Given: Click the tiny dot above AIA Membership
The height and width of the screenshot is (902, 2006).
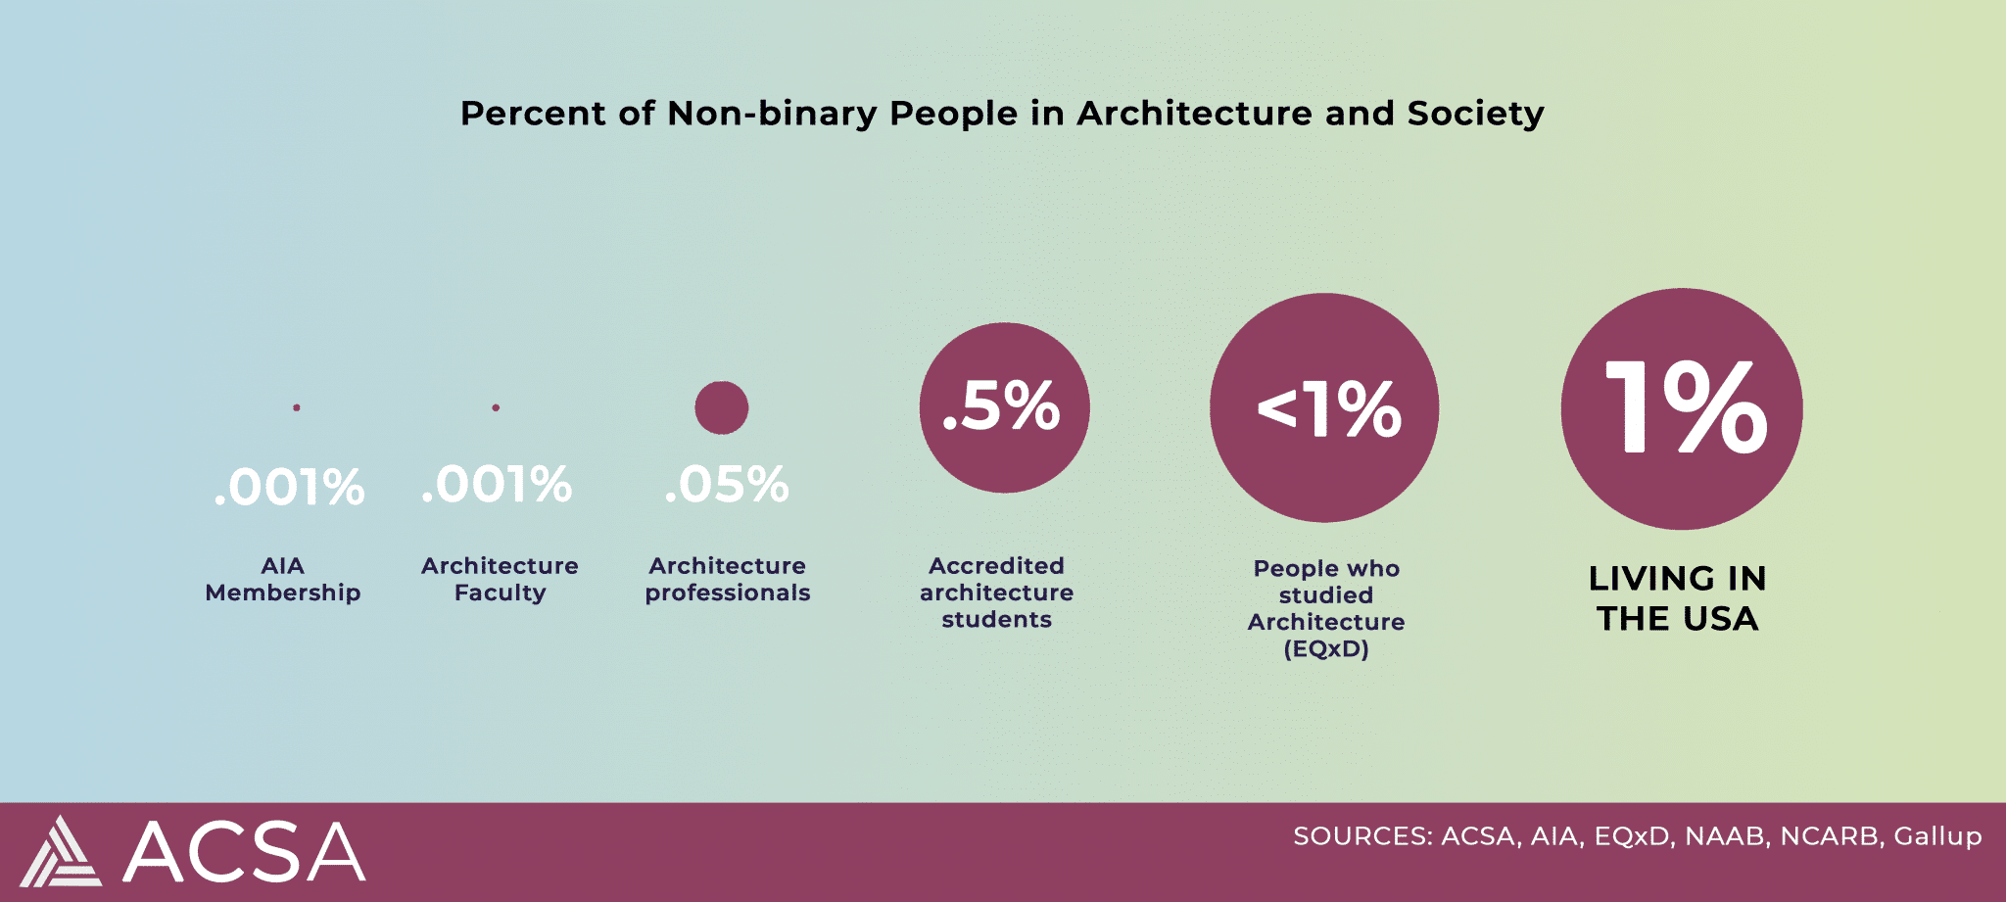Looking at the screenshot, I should pos(297,407).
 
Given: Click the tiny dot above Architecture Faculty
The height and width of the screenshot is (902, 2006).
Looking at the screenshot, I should pos(496,407).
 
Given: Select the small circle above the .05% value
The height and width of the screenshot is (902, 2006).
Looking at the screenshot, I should pos(722,407).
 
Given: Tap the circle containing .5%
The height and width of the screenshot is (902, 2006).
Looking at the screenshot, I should pos(1004,407).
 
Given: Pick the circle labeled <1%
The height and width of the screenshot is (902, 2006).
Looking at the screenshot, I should pos(1324,407).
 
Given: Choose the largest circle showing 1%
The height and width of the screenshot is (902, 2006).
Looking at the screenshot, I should pos(1682,408).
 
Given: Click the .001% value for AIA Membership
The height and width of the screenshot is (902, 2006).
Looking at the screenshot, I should pos(289,488).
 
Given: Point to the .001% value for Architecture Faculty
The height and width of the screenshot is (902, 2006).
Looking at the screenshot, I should pos(497,485).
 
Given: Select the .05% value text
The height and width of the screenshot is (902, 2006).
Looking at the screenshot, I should pos(727,485).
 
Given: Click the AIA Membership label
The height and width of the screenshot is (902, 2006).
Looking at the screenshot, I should pos(283,579).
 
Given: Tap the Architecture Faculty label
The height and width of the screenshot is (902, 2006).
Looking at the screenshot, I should pos(500,579).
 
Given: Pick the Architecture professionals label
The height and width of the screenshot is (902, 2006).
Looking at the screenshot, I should pos(728,579).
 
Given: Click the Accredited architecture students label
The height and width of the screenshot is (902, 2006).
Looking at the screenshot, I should pos(996,593).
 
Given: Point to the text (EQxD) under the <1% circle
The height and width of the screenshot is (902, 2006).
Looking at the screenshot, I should pos(1326,648).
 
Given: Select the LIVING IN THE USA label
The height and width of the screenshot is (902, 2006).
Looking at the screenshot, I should pos(1678,598).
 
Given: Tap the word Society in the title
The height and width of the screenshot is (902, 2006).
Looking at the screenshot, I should pos(1475,114).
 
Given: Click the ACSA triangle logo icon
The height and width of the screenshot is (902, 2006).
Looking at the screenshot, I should pos(62,852).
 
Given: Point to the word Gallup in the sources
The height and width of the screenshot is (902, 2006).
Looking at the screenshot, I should pos(1937,836).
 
